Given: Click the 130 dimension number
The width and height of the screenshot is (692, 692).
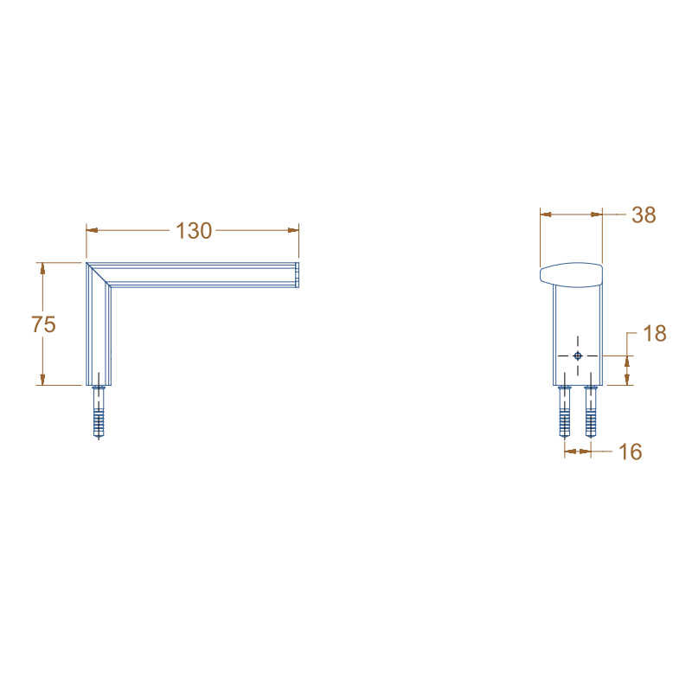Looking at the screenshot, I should pos(194,231).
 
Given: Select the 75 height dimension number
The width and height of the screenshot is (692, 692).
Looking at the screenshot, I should pos(43,324).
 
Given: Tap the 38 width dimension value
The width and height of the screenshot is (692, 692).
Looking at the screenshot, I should pos(644,215).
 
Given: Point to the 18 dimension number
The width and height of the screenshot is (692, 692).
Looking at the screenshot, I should pos(655,334).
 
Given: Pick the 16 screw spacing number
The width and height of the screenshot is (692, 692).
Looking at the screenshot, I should pos(631,452).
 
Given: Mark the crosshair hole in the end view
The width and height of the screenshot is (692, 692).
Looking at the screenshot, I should pos(578,356).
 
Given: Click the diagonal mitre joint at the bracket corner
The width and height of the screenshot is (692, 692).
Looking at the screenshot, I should pos(98,274).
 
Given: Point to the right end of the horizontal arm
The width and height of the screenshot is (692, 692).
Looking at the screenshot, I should pos(297,274).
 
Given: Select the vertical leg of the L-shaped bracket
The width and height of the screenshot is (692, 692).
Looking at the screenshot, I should pos(99,333).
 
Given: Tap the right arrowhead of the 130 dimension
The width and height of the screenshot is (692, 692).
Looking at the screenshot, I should pos(293,230).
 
